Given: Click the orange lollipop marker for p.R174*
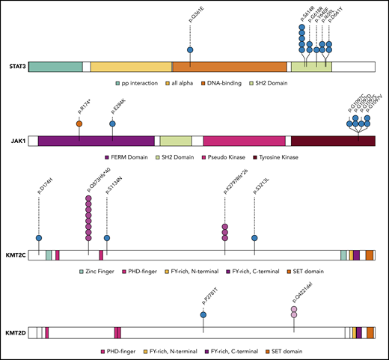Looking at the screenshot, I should click(x=79, y=123).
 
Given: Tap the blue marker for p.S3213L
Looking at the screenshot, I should click(x=255, y=238).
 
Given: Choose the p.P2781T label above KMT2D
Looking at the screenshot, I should click(x=203, y=298).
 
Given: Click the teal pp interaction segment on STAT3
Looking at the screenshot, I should click(x=55, y=67).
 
